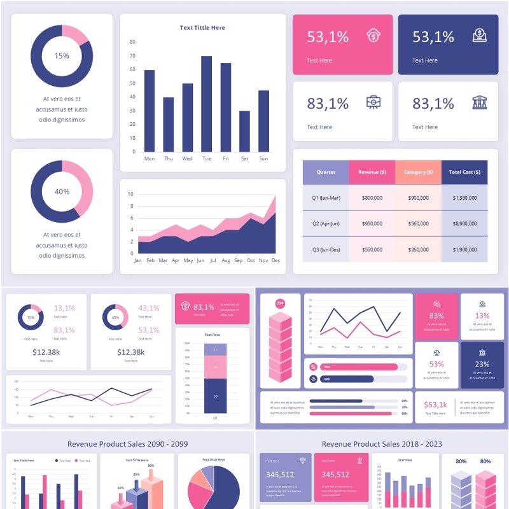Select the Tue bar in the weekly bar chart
206,104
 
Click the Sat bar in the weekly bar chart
244,132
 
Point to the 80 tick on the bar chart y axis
132,42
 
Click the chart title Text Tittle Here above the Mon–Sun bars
202,28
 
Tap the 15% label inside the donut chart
62,56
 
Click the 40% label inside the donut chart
62,192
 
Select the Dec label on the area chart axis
275,260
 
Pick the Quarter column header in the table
326,172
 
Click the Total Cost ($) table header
464,172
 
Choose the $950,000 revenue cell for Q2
372,224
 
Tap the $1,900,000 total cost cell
464,250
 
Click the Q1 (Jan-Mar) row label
326,198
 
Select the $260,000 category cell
418,250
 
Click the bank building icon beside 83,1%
480,102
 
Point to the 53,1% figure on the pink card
328,37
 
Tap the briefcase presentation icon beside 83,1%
374,102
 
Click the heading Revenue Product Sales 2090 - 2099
127,444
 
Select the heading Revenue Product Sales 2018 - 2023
382,444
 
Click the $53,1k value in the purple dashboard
435,405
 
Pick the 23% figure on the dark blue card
482,365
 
